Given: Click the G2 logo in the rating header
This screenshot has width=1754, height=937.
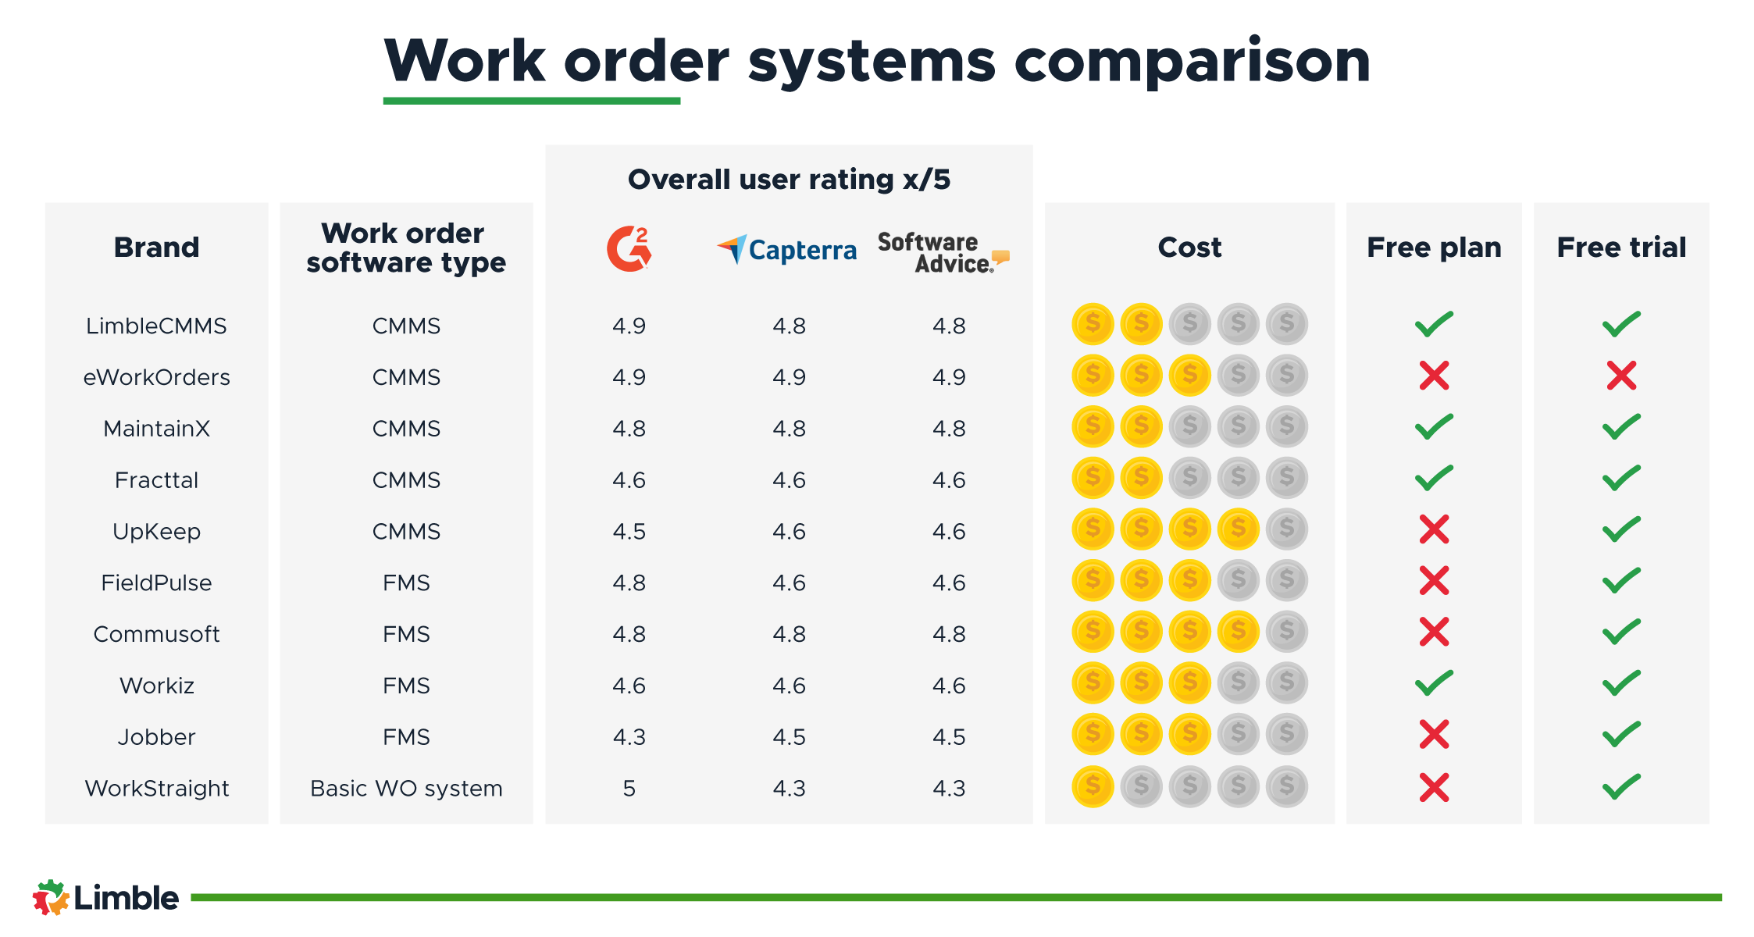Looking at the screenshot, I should tap(629, 249).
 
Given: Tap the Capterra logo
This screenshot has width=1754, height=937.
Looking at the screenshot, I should tap(786, 250).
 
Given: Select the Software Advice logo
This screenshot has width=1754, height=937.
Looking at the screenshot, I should tap(943, 252).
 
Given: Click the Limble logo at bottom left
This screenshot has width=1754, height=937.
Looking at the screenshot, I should tap(105, 898).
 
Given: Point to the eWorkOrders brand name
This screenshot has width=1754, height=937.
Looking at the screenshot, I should tap(156, 377).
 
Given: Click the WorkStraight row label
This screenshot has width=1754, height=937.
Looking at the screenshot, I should tap(156, 788).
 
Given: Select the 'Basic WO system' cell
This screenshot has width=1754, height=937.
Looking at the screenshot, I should tap(406, 788).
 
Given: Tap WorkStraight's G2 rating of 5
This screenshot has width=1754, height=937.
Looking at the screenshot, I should tap(629, 788).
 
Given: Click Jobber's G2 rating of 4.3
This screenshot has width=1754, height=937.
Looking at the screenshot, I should tap(629, 736).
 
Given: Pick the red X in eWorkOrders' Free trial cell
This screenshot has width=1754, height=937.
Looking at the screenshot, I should tap(1621, 376).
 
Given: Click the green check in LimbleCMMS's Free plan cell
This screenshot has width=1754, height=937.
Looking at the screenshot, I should tap(1434, 324).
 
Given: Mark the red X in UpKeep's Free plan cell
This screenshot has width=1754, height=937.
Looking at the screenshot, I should tap(1434, 529).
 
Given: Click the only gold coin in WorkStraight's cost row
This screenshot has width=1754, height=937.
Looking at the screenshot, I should tap(1093, 786).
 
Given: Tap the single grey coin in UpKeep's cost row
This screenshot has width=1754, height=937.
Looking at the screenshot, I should tap(1286, 529).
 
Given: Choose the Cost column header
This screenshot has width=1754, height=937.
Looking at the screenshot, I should tap(1189, 248).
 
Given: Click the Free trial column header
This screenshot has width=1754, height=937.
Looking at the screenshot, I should tap(1621, 248).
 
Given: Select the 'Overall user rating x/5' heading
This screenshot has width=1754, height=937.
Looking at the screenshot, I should tap(789, 180).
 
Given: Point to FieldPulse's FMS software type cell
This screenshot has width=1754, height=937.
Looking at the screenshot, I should tap(406, 583).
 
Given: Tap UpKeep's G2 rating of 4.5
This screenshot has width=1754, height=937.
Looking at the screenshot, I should tap(629, 531).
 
